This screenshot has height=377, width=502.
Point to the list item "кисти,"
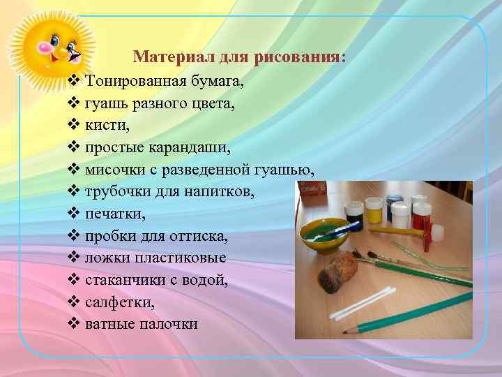pos(105,126)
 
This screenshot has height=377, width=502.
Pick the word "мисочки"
pos(112,170)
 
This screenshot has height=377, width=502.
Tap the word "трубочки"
pos(114,193)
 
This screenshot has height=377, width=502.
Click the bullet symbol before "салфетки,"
pos(75,302)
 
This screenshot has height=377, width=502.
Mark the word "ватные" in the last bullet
pos(108,325)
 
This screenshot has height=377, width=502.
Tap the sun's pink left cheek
pos(43,50)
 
